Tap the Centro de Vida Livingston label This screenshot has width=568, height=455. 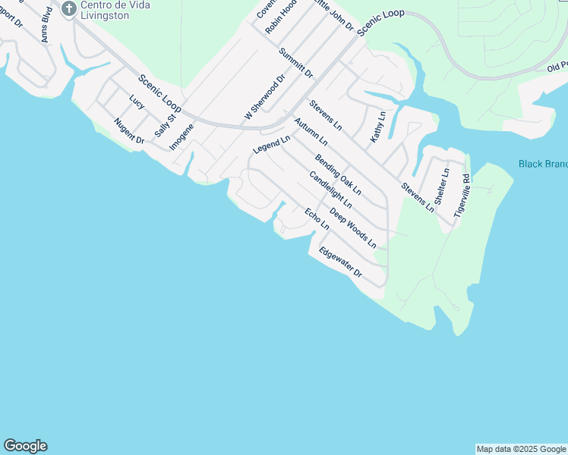[x=115, y=10]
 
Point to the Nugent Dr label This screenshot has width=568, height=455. [x=129, y=131]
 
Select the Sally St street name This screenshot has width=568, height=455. [x=165, y=122]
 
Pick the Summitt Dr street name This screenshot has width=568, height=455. [x=295, y=63]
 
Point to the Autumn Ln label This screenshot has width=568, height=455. [x=311, y=131]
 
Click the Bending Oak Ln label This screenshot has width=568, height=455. [x=338, y=174]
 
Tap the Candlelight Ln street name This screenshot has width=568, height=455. [x=330, y=190]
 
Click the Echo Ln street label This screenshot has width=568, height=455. [x=317, y=219]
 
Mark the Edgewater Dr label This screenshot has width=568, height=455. [x=340, y=263]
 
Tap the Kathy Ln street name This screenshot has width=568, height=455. [x=377, y=127]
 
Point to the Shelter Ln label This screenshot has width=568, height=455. [x=441, y=183]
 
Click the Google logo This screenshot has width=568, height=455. [x=25, y=446]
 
